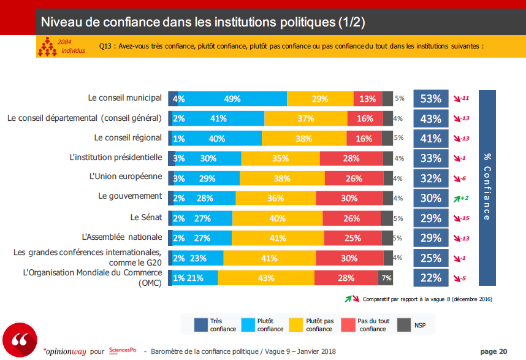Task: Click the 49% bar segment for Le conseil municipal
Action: tap(232, 99)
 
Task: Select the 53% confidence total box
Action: tap(431, 99)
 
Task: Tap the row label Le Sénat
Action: tap(146, 217)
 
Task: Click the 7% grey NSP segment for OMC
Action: tap(386, 278)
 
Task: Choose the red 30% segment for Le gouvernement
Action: tap(348, 198)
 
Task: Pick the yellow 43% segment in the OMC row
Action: tap(266, 278)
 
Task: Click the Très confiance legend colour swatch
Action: tap(200, 324)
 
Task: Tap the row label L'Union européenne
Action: tap(126, 177)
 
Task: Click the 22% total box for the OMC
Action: tap(431, 278)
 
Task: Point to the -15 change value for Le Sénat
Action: tap(463, 218)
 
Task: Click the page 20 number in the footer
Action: tap(494, 351)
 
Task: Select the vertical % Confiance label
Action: tap(487, 187)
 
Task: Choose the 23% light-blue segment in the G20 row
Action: tap(199, 258)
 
